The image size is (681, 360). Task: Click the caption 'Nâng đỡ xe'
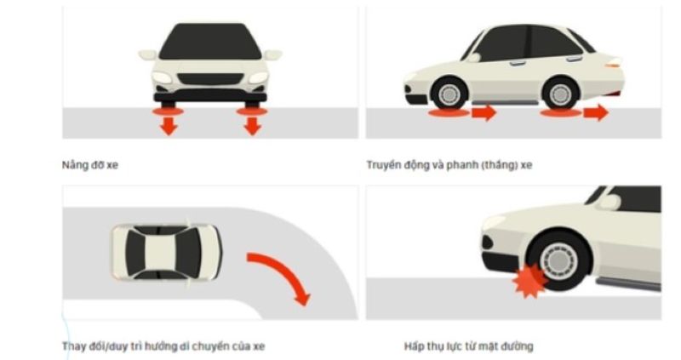90,165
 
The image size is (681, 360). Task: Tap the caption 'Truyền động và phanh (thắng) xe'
449,165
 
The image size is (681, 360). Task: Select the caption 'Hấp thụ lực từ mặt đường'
468,346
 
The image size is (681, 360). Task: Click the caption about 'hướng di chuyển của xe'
163,346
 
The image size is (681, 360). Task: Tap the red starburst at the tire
529,281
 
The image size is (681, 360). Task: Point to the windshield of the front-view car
210,42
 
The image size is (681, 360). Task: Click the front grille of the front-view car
210,79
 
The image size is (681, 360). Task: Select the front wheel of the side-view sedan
449,94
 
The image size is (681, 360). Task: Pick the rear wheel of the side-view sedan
561,94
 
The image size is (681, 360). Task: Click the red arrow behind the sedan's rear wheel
596,112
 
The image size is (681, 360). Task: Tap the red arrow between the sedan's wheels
484,112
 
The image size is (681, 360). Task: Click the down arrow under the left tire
169,126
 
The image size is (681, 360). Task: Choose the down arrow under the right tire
252,126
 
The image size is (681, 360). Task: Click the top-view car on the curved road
166,252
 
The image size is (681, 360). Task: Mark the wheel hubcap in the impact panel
559,262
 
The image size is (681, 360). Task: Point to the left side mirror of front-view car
147,54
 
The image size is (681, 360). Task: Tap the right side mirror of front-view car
272,54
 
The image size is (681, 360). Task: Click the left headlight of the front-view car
162,77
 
